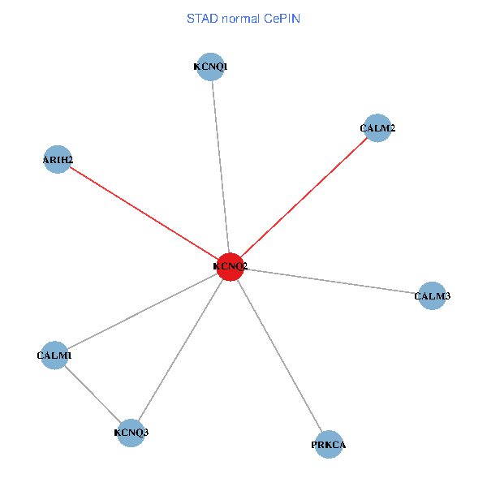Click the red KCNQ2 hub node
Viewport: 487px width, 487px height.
point(230,266)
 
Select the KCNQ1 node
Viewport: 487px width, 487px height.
point(211,67)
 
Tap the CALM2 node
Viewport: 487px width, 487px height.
point(377,127)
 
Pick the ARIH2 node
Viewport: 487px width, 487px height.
point(57,160)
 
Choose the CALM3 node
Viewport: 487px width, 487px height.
point(431,296)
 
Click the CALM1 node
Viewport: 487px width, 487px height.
point(54,356)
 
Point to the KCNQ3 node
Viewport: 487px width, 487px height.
point(131,432)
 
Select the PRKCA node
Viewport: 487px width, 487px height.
point(329,445)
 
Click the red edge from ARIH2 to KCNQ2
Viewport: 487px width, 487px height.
point(143,213)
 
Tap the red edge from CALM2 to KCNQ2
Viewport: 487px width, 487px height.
point(304,196)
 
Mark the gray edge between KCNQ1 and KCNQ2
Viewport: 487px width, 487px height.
point(220,166)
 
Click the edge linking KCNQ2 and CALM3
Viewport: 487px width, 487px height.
point(330,281)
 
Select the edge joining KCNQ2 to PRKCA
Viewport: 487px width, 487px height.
point(279,356)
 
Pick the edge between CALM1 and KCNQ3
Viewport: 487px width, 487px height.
point(93,394)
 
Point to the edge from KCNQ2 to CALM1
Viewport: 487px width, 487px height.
point(142,311)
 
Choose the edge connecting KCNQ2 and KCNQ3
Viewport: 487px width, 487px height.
point(180,349)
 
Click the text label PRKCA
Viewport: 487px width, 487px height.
point(329,446)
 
